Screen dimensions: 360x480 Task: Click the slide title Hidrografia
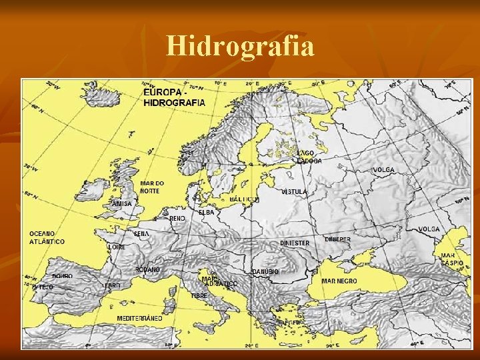pyautogui.click(x=240, y=46)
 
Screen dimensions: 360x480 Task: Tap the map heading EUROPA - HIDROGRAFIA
pyautogui.click(x=175, y=98)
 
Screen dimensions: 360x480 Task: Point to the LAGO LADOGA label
pyautogui.click(x=309, y=157)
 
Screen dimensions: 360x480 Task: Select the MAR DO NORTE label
pyautogui.click(x=151, y=187)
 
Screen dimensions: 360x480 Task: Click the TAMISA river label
pyautogui.click(x=121, y=203)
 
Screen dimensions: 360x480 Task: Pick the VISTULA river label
pyautogui.click(x=294, y=192)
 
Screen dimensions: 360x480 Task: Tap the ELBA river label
pyautogui.click(x=206, y=212)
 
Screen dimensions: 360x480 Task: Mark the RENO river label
pyautogui.click(x=177, y=218)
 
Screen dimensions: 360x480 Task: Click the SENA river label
pyautogui.click(x=141, y=234)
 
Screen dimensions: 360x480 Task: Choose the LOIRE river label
pyautogui.click(x=117, y=247)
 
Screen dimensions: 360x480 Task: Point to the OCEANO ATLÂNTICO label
pyautogui.click(x=47, y=238)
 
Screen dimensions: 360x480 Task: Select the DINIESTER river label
pyautogui.click(x=294, y=243)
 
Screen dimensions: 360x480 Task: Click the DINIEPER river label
pyautogui.click(x=337, y=239)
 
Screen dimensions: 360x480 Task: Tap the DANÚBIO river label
pyautogui.click(x=265, y=272)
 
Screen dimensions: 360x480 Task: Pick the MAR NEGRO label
pyautogui.click(x=339, y=281)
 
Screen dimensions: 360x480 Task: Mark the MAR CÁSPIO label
pyautogui.click(x=449, y=259)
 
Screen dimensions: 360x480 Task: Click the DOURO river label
pyautogui.click(x=62, y=276)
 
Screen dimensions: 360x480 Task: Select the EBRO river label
pyautogui.click(x=112, y=285)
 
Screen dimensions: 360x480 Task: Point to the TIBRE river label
pyautogui.click(x=199, y=295)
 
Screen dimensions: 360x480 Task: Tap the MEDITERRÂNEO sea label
pyautogui.click(x=139, y=319)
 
